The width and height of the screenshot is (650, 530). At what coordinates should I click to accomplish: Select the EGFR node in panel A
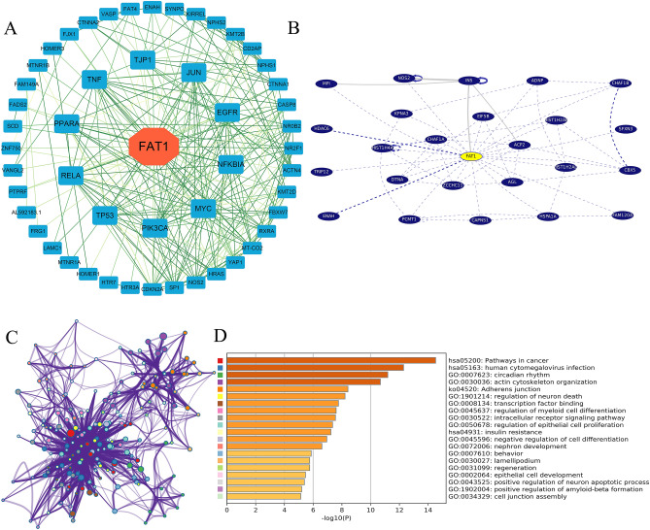pos(227,113)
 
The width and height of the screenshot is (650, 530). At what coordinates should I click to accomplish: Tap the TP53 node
pos(105,215)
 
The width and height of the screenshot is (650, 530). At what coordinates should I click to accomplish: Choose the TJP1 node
pos(144,60)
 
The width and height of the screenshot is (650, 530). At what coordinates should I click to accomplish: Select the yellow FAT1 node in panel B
pos(471,155)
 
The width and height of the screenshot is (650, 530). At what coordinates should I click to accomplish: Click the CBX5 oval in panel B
pos(632,170)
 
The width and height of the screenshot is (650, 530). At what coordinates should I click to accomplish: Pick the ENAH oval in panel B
pos(328,215)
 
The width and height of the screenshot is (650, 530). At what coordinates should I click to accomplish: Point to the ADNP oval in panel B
pos(537,81)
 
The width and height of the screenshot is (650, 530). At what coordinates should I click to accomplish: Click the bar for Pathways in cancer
pos(330,361)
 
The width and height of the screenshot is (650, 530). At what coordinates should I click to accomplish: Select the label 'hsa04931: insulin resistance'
pos(493,431)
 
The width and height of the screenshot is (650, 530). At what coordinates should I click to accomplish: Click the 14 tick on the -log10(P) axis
pos(427,509)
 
